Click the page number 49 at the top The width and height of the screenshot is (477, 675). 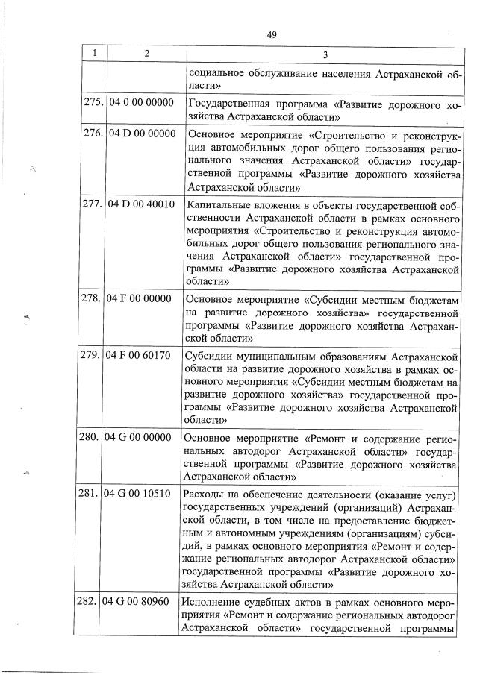click(x=271, y=34)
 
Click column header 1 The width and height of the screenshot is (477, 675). click(x=94, y=54)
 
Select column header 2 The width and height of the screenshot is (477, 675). click(x=146, y=54)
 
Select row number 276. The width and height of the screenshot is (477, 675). click(x=93, y=134)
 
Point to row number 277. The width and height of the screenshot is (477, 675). click(x=93, y=204)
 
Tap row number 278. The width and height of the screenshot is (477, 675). click(x=93, y=298)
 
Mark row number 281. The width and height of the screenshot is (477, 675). click(x=93, y=494)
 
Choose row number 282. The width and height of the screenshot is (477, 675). click(x=93, y=602)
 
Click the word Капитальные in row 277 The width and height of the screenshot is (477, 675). click(x=217, y=204)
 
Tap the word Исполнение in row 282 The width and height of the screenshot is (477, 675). click(x=213, y=602)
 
